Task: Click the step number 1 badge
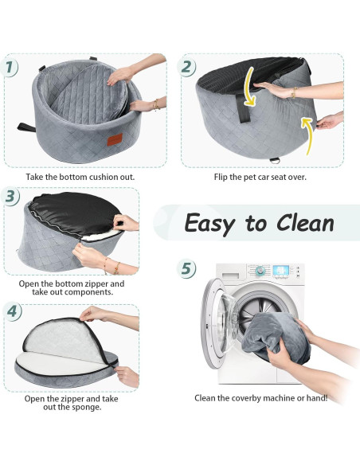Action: point(10,67)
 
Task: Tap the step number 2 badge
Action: point(186,66)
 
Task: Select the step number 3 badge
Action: point(10,197)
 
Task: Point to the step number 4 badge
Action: point(12,311)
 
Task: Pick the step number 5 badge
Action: point(186,268)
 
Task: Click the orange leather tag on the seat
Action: point(115,139)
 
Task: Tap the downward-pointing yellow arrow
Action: point(249,87)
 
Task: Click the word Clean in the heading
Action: point(305,223)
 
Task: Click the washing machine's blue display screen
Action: point(280,270)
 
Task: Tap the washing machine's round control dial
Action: point(260,271)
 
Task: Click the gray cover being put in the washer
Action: point(276,338)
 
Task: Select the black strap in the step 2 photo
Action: point(244,109)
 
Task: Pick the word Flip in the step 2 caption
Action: point(221,177)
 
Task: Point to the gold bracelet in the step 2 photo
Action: point(294,92)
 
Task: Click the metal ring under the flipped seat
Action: point(275,160)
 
